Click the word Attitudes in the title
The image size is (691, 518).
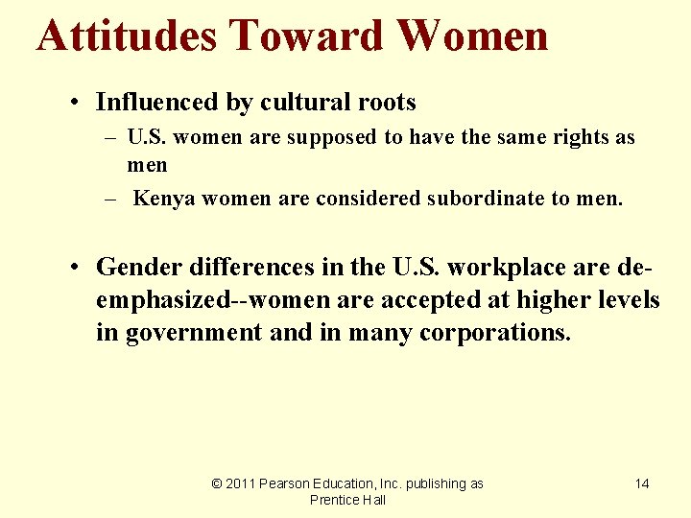pos(127,36)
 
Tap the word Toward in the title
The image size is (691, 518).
pos(304,36)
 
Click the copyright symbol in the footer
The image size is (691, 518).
pos(216,483)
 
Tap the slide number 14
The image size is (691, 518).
pos(642,483)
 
